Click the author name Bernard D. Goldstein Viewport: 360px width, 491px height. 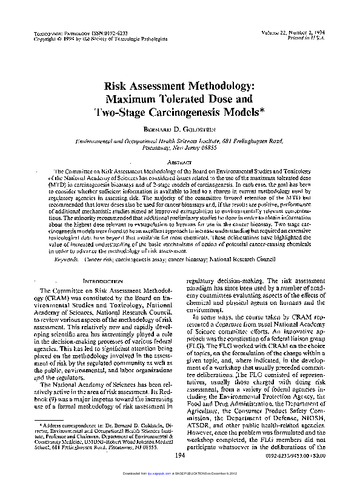[x=179, y=129]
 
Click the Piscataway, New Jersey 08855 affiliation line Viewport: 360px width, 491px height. [x=179, y=147]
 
